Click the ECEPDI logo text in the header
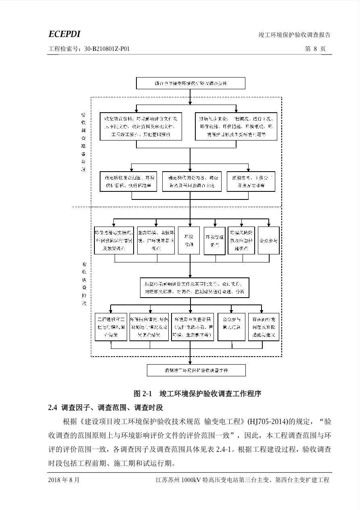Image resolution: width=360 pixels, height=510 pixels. pos(64,34)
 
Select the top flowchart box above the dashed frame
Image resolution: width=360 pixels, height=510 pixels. pos(190,83)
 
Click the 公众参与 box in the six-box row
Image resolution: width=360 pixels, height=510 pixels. pos(268,241)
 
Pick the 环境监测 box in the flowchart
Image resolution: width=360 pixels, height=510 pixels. pos(189,241)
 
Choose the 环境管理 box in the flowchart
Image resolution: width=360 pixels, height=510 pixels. pos(214,241)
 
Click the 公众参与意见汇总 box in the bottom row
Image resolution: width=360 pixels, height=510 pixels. pos(231,327)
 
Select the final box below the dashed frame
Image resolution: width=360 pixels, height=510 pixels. pos(196,370)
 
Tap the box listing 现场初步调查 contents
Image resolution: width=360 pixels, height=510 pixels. pos(236,126)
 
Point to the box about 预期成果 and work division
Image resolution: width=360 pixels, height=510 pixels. pos(251,182)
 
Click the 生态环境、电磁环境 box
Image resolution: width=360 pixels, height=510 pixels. pos(156,241)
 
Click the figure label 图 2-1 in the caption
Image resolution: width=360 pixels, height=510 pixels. pos(142,393)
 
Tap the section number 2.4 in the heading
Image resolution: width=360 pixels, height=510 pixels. pos(52,407)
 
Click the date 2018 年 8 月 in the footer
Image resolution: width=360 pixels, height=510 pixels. pos(64,480)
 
